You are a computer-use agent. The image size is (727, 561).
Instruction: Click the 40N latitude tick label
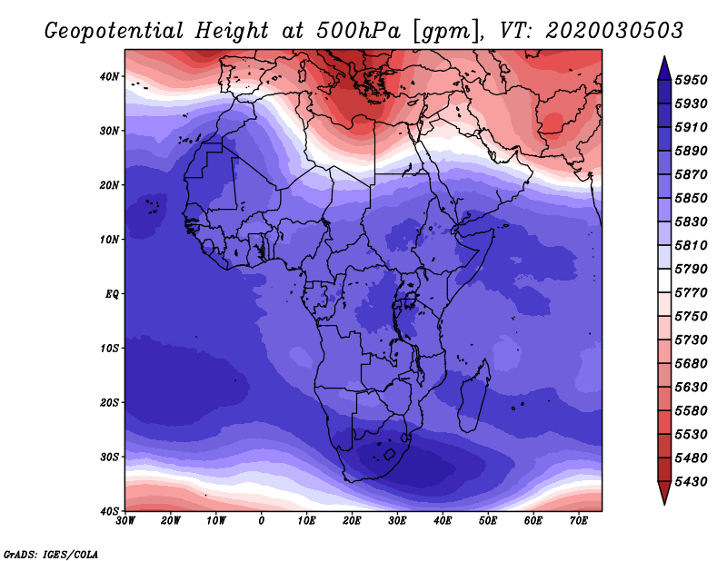pos(109,76)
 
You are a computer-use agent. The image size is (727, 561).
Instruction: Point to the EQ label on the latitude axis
pos(112,294)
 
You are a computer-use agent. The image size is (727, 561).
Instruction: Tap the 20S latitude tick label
pos(109,402)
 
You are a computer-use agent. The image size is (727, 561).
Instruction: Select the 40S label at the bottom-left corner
pos(109,511)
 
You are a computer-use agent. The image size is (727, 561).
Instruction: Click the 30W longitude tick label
pos(125,521)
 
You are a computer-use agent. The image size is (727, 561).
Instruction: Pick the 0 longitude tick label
pos(262,521)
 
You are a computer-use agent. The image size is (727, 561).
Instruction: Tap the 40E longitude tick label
pos(443,521)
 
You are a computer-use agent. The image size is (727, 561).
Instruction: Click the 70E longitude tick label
pos(579,521)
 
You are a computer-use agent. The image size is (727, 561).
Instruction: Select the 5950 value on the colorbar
pos(691,80)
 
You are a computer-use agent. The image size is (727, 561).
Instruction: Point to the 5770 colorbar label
pos(691,293)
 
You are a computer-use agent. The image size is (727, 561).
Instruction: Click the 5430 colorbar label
pos(691,482)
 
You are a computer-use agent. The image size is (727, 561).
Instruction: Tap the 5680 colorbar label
pos(691,364)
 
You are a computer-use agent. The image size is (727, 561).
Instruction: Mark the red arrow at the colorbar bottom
pos(664,493)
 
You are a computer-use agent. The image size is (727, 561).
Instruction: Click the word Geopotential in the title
pos(115,31)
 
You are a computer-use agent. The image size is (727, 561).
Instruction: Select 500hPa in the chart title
pos(358,31)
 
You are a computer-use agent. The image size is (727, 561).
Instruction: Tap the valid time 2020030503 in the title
pos(614,31)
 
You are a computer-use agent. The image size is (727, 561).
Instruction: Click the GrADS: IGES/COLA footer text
pos(51,554)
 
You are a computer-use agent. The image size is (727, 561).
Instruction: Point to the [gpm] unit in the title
pos(446,32)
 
